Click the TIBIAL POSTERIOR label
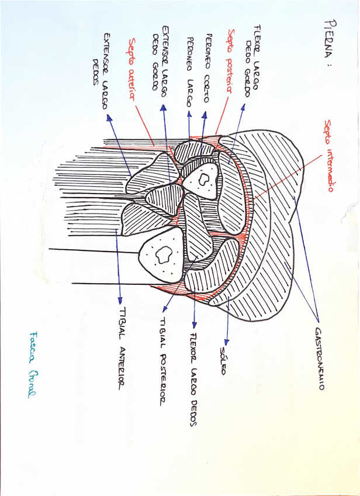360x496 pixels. pyautogui.click(x=164, y=360)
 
